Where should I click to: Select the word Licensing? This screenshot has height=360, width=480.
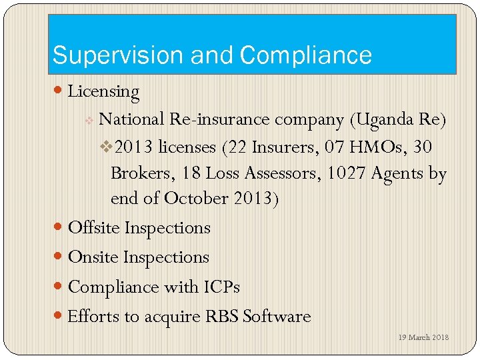[x=103, y=92]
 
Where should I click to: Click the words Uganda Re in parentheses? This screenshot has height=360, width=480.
[x=398, y=119]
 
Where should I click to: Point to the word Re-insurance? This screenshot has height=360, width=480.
[x=220, y=119]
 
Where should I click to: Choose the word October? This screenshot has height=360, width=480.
[x=197, y=199]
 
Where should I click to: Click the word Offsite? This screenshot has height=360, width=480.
[x=94, y=228]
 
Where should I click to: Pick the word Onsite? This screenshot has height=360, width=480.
[x=94, y=257]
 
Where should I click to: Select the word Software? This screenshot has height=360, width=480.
[x=277, y=316]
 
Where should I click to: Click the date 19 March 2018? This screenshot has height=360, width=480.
[x=424, y=337]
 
